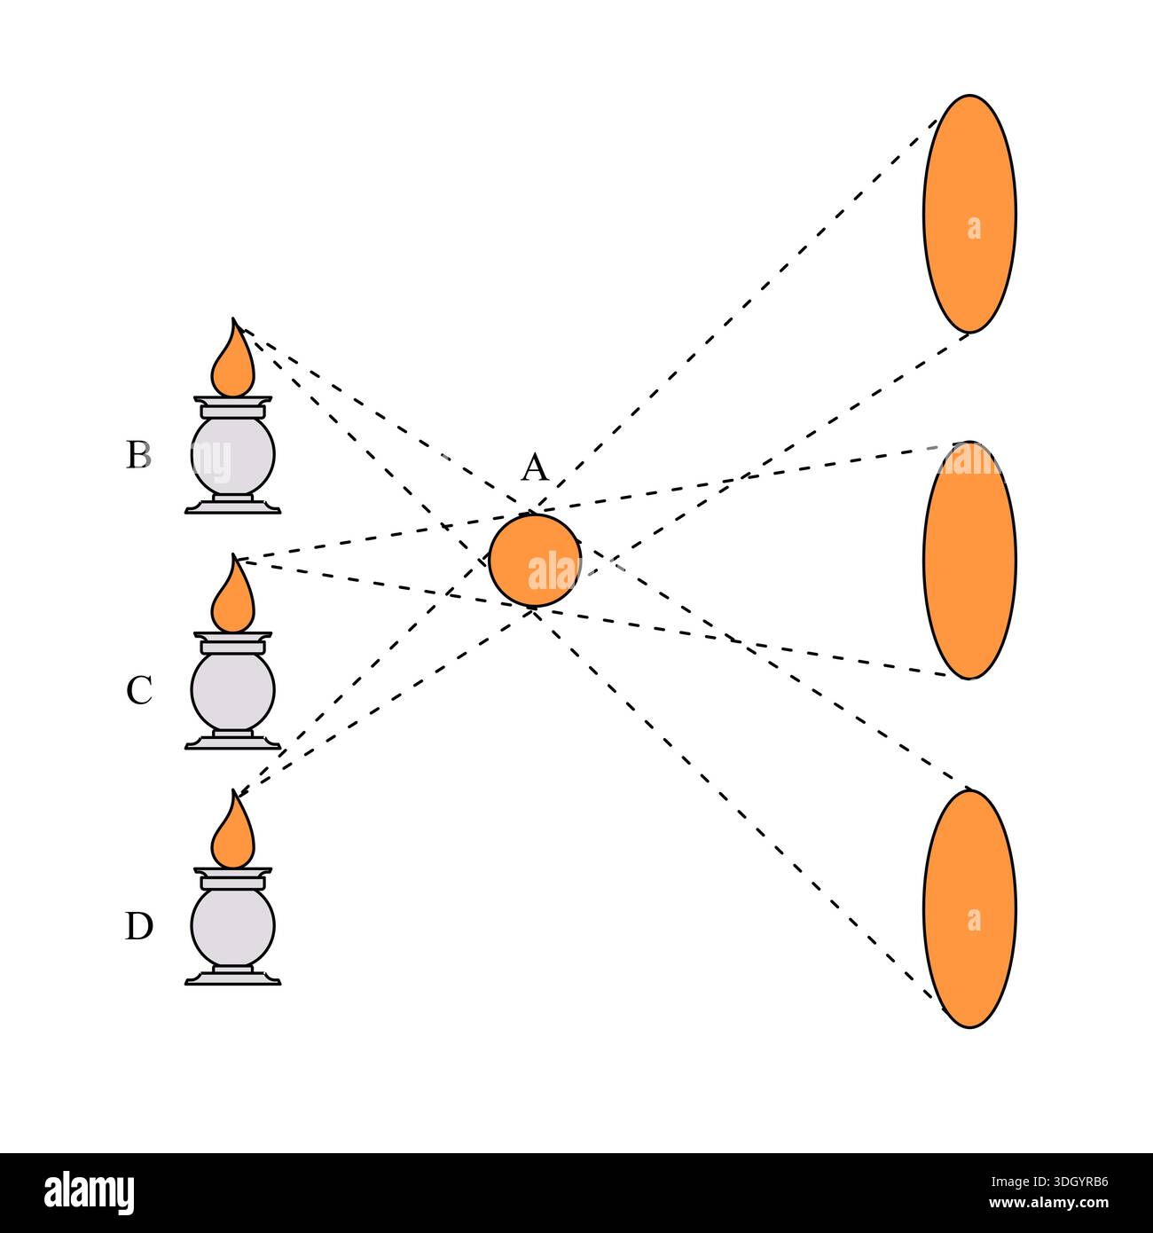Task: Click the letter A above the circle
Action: [x=535, y=467]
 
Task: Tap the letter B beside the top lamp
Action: [x=139, y=454]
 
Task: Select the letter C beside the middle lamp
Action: [x=139, y=690]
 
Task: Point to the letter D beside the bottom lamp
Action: [x=139, y=926]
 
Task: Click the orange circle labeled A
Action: [x=535, y=560]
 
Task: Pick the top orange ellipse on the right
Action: [x=969, y=214]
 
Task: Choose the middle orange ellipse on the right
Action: [x=969, y=561]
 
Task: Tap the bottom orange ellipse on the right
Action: [x=969, y=908]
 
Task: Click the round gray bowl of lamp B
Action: [x=233, y=456]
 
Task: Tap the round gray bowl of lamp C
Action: [x=233, y=690]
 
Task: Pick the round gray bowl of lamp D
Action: [x=233, y=926]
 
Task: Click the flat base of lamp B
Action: [x=233, y=507]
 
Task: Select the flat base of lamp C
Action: [x=233, y=742]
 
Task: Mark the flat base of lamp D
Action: [x=233, y=978]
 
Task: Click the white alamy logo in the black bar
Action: [x=90, y=1193]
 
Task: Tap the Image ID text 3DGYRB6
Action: [x=1049, y=1182]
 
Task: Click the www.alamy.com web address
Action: [x=1049, y=1203]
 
